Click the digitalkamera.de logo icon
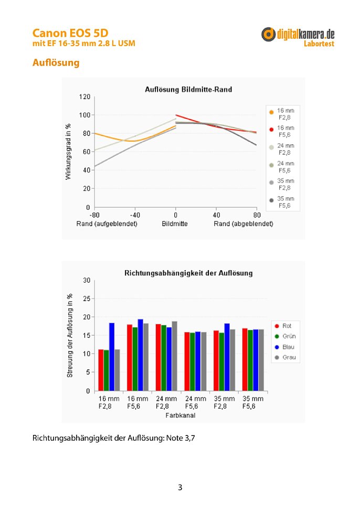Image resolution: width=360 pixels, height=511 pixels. click(268, 34)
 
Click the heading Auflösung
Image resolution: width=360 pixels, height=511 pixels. click(56, 62)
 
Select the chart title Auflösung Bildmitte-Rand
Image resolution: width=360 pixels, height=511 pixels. click(188, 89)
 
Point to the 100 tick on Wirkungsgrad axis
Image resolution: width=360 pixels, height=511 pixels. click(84, 115)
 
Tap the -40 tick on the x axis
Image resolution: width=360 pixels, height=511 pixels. click(135, 215)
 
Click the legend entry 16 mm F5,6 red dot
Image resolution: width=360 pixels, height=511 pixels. click(271, 130)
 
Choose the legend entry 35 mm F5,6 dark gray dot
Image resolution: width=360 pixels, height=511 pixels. click(271, 200)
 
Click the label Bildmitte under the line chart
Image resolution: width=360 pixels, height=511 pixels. click(175, 224)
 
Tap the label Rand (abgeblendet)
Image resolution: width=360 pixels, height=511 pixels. click(243, 224)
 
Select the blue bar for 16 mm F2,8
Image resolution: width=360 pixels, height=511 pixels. click(112, 357)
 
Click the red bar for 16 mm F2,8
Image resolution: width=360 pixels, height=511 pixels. click(101, 370)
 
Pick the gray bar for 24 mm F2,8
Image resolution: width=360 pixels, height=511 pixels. click(174, 356)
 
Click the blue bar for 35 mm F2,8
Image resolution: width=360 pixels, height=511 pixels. click(227, 357)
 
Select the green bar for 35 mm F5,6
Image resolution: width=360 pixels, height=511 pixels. click(250, 360)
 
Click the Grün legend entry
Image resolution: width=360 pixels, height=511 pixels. click(285, 336)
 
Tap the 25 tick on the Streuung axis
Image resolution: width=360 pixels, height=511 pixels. click(87, 299)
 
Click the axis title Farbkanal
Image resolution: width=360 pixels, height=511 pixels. click(181, 416)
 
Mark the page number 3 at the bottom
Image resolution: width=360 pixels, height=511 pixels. click(180, 487)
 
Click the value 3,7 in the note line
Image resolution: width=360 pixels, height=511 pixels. click(190, 438)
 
